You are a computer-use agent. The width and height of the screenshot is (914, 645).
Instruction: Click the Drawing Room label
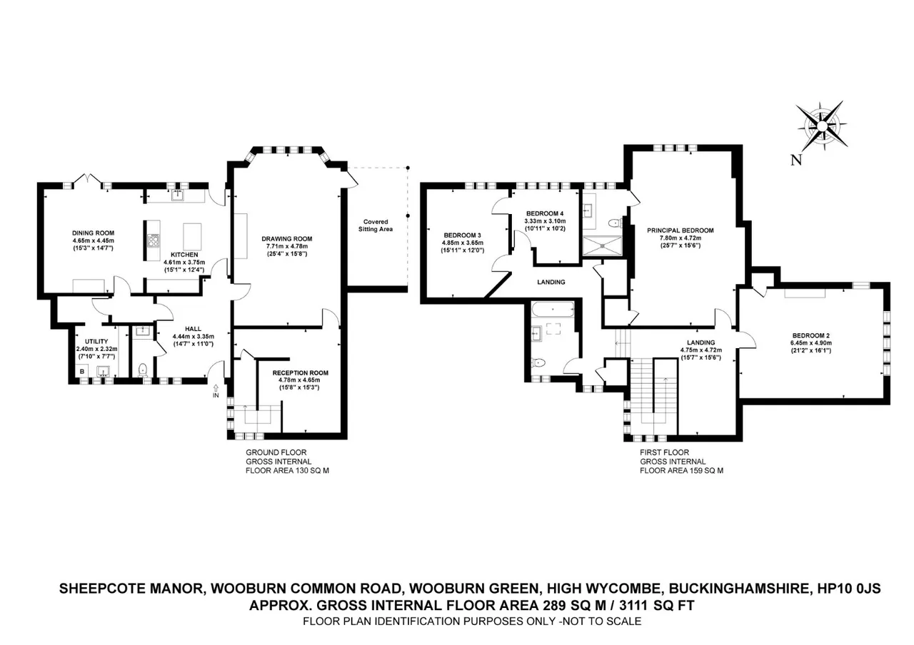287,239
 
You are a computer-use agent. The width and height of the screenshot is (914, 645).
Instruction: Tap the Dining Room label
93,233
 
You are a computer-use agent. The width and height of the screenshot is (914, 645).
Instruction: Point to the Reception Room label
301,372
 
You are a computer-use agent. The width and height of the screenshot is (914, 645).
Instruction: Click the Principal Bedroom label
681,230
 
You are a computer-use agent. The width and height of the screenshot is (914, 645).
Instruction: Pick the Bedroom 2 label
810,335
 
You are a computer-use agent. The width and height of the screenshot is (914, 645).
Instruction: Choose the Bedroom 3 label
462,235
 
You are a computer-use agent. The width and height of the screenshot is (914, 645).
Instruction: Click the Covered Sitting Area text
376,225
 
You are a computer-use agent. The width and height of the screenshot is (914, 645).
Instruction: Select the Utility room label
96,341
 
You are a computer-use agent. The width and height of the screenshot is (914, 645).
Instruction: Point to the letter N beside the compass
796,160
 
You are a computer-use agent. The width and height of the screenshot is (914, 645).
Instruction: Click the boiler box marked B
82,372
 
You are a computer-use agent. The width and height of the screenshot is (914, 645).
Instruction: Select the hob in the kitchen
154,240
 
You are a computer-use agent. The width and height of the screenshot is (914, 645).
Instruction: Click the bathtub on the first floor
553,310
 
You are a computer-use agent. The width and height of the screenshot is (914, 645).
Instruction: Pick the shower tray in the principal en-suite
603,246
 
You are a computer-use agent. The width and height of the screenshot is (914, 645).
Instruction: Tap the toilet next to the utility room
142,370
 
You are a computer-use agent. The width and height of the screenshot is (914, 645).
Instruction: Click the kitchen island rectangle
192,235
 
